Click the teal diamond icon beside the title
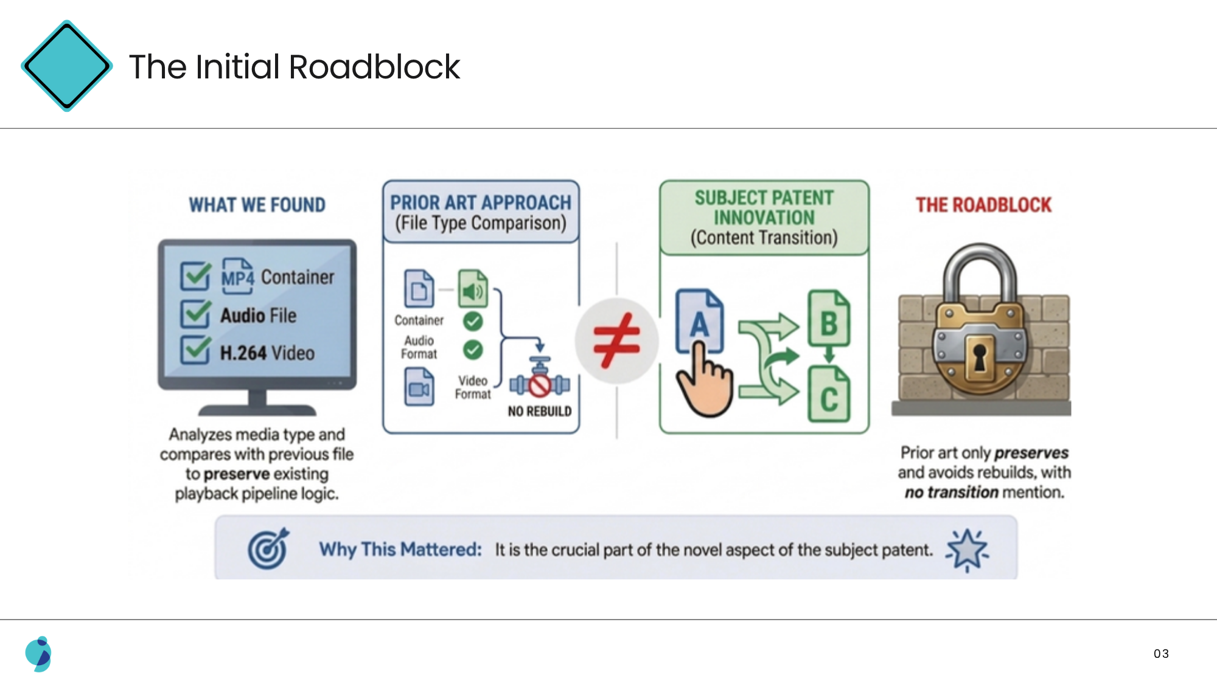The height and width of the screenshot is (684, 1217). click(66, 66)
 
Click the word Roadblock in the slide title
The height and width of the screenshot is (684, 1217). click(374, 67)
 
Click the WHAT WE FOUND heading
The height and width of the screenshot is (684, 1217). click(257, 205)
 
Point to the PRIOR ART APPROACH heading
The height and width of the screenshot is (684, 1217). click(481, 202)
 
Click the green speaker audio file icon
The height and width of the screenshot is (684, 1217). click(473, 288)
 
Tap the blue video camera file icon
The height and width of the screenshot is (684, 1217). click(419, 387)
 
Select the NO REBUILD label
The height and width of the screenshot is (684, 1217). click(540, 412)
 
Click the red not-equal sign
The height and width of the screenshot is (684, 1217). click(616, 340)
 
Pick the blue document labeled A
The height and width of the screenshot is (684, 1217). click(700, 321)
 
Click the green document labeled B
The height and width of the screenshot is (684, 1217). click(829, 318)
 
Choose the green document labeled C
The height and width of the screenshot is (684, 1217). click(829, 394)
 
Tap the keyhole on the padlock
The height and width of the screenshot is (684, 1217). click(980, 358)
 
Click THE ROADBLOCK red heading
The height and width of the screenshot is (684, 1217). click(984, 205)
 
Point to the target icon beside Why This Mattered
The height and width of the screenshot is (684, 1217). click(268, 549)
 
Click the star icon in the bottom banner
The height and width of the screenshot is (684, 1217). click(967, 550)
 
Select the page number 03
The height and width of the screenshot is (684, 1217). click(1161, 654)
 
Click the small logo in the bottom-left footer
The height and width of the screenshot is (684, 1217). click(38, 654)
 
